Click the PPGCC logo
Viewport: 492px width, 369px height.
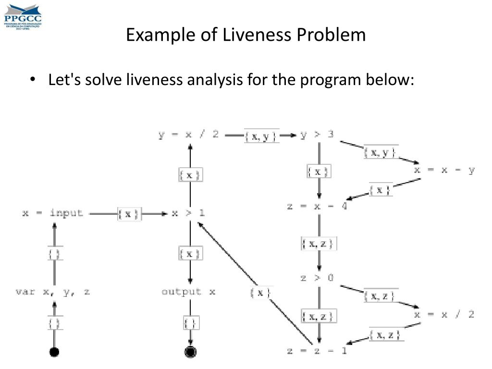[x=23, y=15]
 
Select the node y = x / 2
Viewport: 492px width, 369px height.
[x=188, y=135]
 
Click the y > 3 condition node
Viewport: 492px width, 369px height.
[x=317, y=135]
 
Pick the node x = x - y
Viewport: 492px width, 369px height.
[x=444, y=170]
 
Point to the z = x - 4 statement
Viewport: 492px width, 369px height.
[x=317, y=207]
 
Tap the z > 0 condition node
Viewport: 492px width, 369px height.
[x=317, y=277]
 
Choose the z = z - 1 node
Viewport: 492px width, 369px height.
[x=317, y=351]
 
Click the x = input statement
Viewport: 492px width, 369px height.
[x=53, y=213]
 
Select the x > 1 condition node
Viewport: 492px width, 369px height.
[x=189, y=213]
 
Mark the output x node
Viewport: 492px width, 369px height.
[x=189, y=292]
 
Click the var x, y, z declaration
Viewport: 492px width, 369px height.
[x=53, y=292]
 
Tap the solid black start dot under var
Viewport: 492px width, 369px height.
[x=54, y=352]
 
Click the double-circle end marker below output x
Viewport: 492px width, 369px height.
[x=191, y=352]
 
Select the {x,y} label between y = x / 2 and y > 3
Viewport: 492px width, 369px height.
[x=261, y=136]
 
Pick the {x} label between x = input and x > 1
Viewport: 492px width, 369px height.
[x=129, y=214]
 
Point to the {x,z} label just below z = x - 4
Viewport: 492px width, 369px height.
[x=319, y=244]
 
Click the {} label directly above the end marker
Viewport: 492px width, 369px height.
[x=191, y=322]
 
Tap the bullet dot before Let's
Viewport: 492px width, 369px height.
[x=33, y=80]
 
